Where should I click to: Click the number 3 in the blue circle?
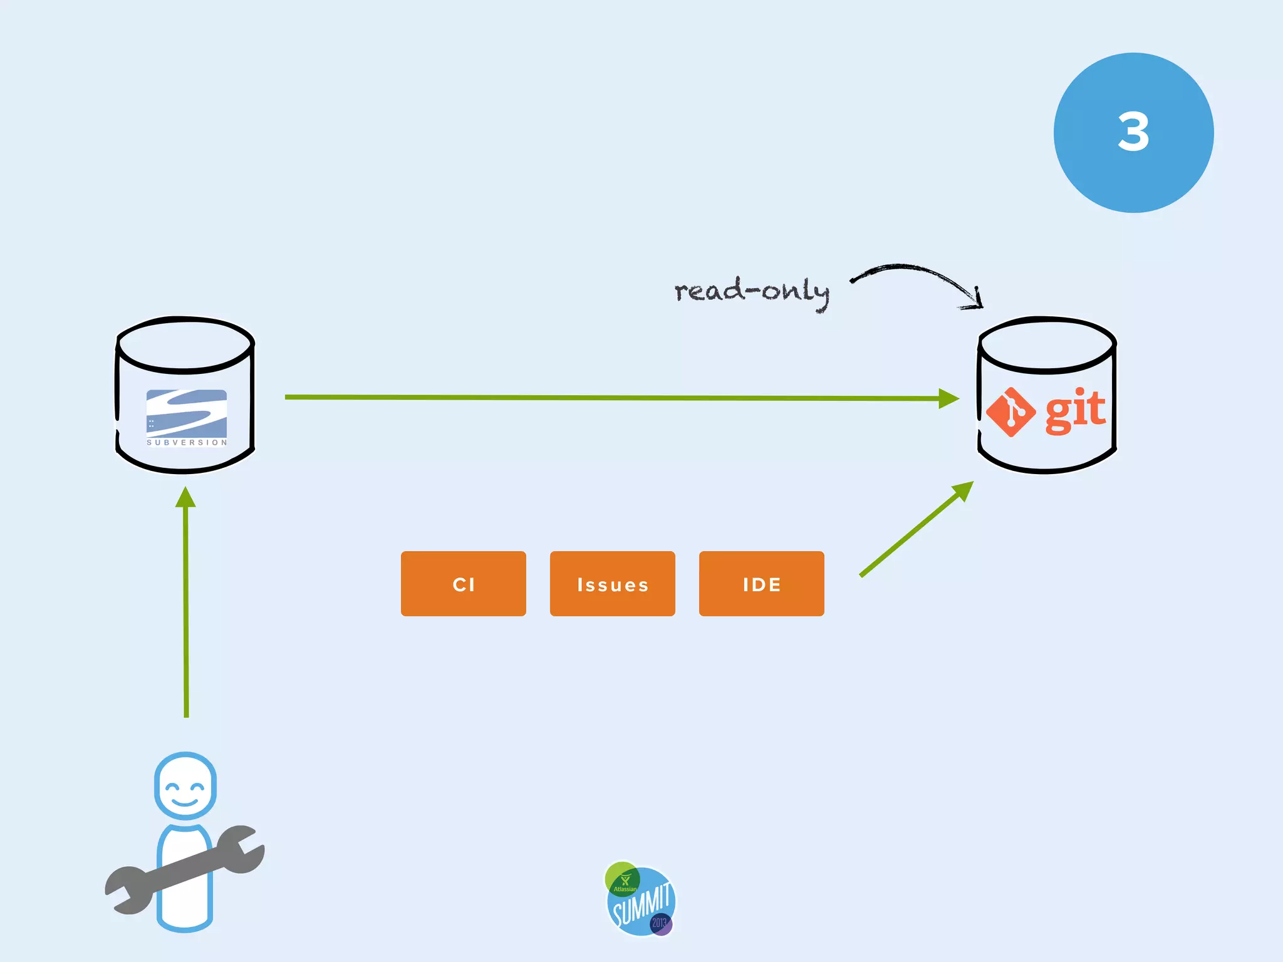[1133, 132]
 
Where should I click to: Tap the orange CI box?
[464, 584]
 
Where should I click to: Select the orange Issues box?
[612, 584]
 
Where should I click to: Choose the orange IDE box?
[761, 584]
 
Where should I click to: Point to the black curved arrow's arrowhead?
[974, 301]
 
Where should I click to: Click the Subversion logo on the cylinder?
[187, 413]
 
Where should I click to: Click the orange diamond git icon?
[1010, 412]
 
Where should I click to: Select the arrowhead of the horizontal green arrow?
[948, 398]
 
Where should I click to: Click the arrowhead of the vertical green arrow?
[185, 498]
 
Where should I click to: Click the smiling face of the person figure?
[185, 787]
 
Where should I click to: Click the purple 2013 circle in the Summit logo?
[660, 923]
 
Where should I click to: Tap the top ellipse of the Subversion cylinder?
[185, 344]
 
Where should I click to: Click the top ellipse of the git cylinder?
[1047, 344]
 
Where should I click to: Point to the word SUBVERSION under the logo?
[187, 443]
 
